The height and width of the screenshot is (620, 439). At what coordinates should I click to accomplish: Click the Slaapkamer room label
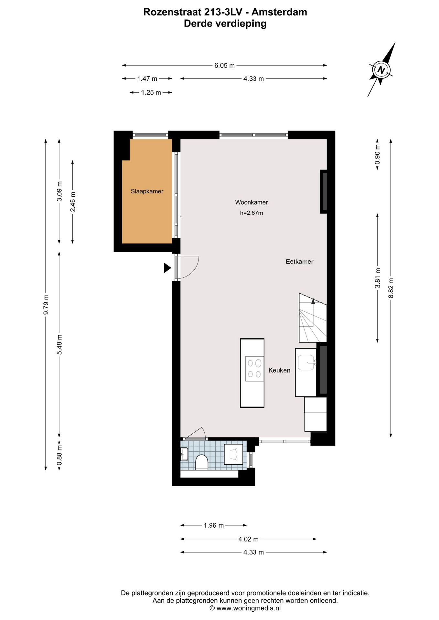(x=147, y=191)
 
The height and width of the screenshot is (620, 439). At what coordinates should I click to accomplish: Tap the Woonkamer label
(x=251, y=202)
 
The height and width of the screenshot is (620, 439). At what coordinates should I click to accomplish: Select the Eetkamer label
(x=299, y=262)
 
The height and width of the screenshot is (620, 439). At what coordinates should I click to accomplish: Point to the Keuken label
(x=279, y=370)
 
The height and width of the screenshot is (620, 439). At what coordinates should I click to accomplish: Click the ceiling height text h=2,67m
(x=252, y=213)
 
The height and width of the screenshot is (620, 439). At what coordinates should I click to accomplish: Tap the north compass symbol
(x=381, y=70)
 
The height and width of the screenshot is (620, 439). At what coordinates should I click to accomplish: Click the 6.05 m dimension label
(x=224, y=66)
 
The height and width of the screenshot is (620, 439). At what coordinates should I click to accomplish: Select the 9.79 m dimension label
(x=46, y=304)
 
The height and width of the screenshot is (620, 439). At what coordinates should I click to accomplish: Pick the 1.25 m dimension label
(x=151, y=93)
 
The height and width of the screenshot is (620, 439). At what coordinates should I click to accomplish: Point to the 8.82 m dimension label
(x=391, y=288)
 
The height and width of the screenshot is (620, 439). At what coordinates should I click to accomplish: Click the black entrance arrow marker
(x=167, y=268)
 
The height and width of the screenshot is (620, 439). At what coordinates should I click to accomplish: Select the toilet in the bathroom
(x=201, y=462)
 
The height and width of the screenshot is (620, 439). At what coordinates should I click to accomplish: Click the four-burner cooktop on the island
(x=255, y=368)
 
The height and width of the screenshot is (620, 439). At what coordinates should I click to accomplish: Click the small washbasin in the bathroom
(x=184, y=454)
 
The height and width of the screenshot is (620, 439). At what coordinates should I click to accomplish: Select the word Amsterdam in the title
(x=279, y=12)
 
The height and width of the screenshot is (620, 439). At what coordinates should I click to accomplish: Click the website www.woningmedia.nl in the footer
(x=248, y=608)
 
